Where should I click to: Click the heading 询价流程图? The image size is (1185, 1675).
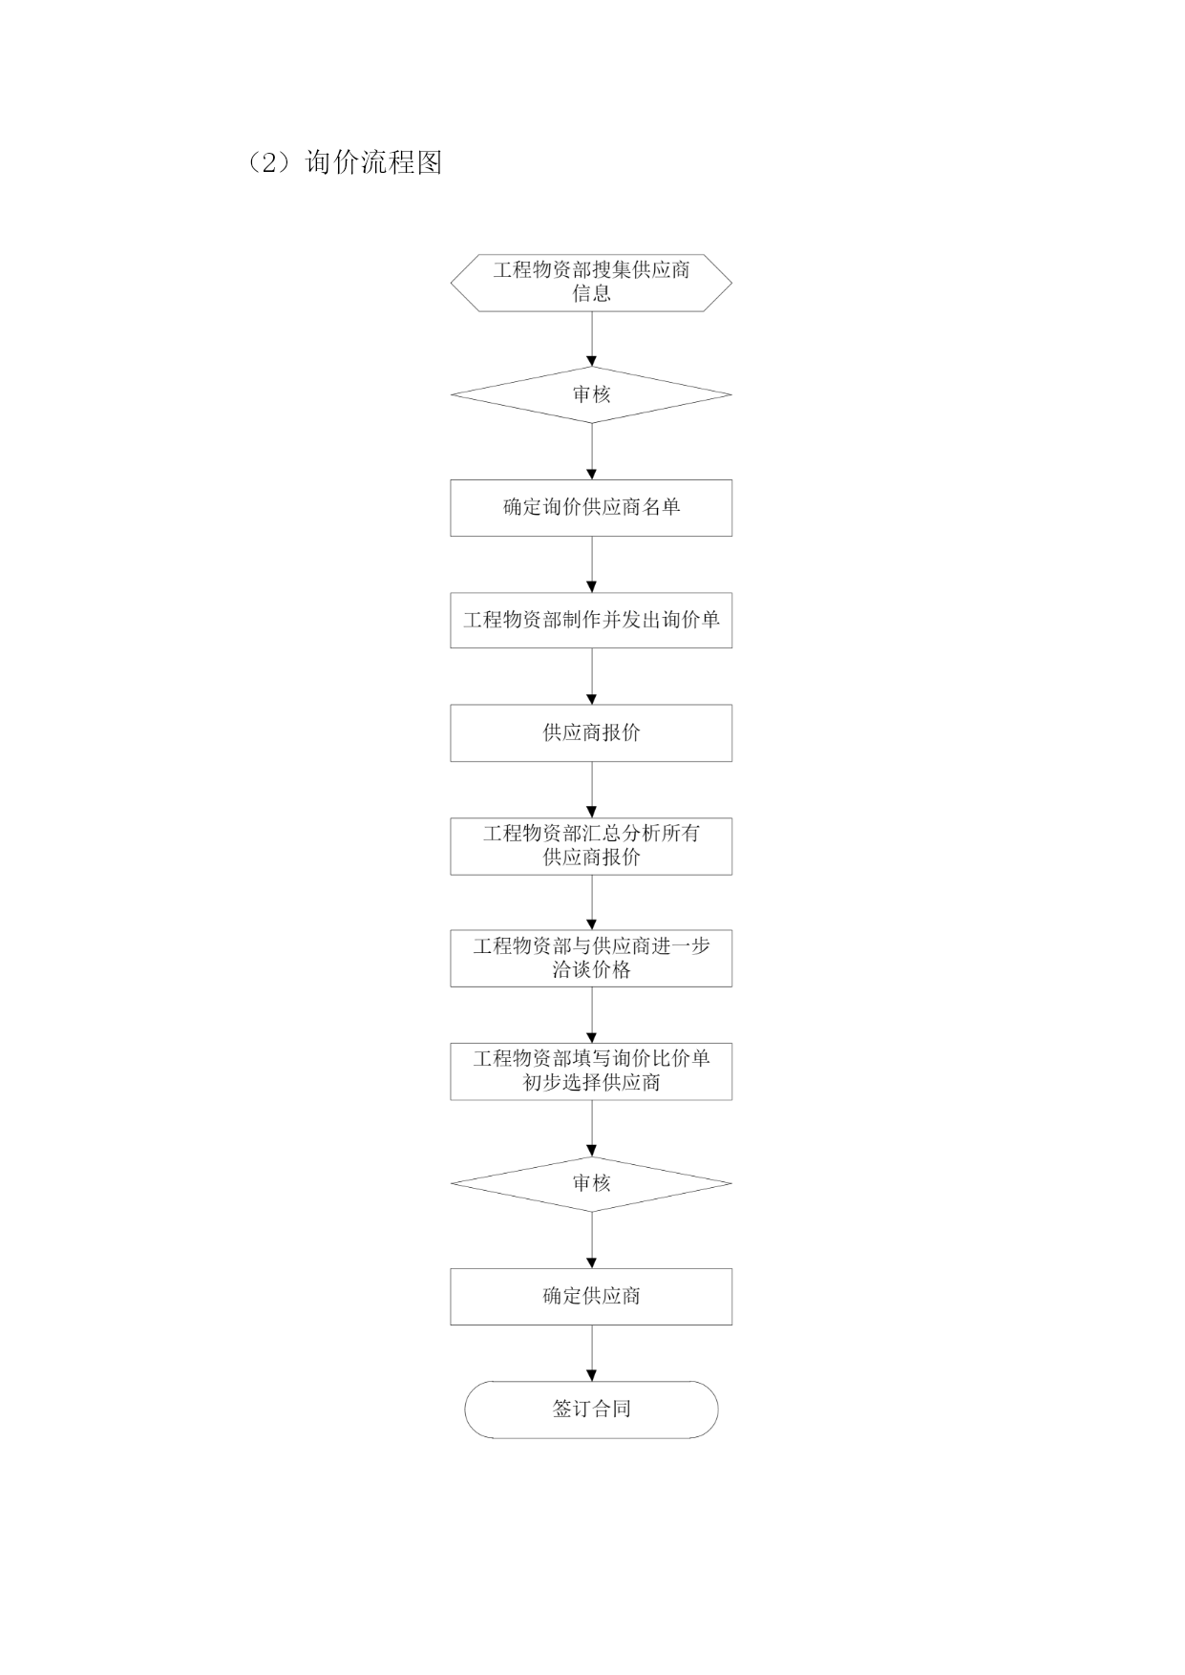click(373, 162)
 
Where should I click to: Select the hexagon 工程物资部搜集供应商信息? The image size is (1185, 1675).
click(591, 283)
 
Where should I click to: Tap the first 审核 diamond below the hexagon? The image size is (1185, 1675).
click(591, 394)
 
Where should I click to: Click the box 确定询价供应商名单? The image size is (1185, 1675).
click(591, 508)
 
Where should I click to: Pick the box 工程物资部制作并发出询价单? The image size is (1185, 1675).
click(591, 621)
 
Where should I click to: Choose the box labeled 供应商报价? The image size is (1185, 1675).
click(591, 733)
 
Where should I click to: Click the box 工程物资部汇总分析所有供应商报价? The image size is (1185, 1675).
click(591, 846)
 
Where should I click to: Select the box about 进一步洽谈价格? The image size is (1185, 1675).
click(591, 959)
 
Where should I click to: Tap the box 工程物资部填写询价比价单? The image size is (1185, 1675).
click(591, 1071)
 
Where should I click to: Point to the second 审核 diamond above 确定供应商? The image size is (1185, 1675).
click(591, 1184)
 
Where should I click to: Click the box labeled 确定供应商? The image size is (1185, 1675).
click(591, 1297)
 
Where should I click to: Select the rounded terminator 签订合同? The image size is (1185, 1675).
click(591, 1410)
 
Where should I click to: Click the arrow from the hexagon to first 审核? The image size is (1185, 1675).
click(591, 339)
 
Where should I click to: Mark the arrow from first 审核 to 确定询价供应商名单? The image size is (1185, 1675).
click(591, 451)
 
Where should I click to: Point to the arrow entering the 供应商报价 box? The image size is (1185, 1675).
click(591, 676)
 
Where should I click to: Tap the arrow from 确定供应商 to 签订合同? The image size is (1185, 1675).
click(591, 1352)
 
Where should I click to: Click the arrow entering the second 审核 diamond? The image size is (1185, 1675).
click(591, 1128)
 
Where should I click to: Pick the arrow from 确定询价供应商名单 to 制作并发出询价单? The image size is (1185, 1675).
click(591, 563)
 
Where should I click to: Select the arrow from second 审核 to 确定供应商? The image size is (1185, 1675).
click(591, 1240)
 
